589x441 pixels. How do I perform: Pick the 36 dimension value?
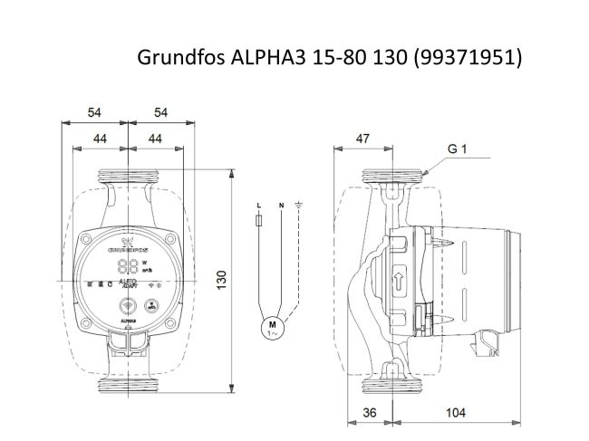368,412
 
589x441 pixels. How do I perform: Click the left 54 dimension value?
94,112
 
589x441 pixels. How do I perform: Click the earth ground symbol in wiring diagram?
299,206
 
